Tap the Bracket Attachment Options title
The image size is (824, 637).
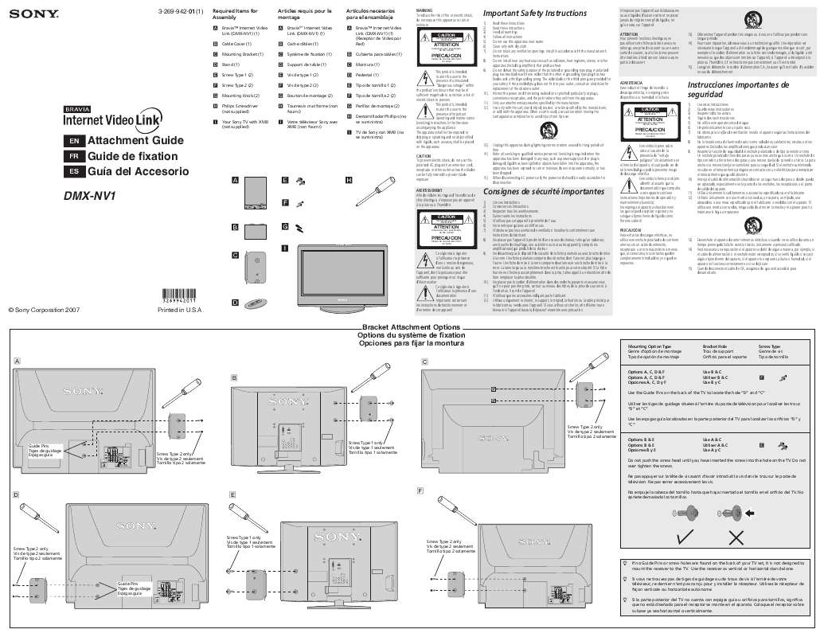[x=411, y=328]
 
